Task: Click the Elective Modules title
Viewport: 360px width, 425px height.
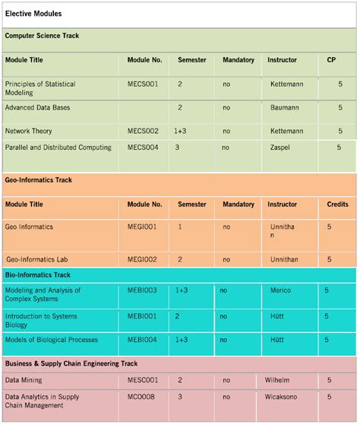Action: pyautogui.click(x=33, y=14)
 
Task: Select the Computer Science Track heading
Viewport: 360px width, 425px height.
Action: pyautogui.click(x=42, y=36)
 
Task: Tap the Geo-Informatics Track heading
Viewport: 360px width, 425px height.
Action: pyautogui.click(x=38, y=180)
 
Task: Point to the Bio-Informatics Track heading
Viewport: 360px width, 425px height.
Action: pyautogui.click(x=37, y=274)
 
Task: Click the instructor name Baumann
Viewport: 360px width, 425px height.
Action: pyautogui.click(x=284, y=108)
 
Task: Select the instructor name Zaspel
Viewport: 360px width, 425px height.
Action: pyautogui.click(x=281, y=147)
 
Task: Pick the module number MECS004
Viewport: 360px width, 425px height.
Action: pyautogui.click(x=143, y=147)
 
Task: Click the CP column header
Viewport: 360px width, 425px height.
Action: pyautogui.click(x=331, y=59)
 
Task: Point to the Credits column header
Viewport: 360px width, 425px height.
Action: pyautogui.click(x=337, y=205)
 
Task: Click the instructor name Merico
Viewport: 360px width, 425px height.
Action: pyautogui.click(x=280, y=290)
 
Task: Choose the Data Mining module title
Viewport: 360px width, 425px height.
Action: pyautogui.click(x=24, y=380)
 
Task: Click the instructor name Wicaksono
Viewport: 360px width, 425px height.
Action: pyautogui.click(x=285, y=397)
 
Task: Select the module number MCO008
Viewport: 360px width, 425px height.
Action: pyautogui.click(x=141, y=397)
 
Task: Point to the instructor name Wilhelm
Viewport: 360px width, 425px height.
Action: pyautogui.click(x=279, y=380)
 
